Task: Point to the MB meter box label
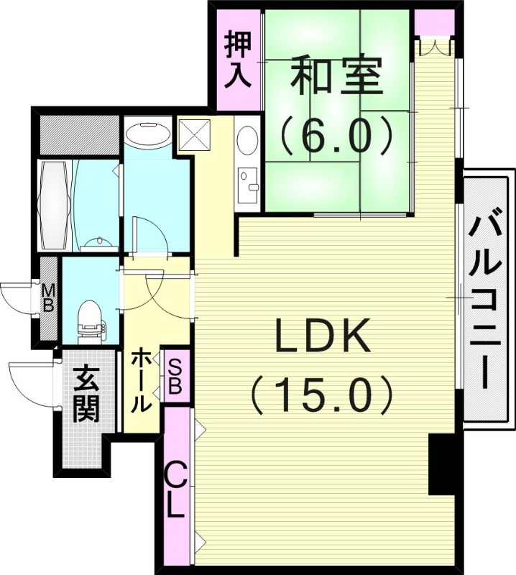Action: coord(48,298)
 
